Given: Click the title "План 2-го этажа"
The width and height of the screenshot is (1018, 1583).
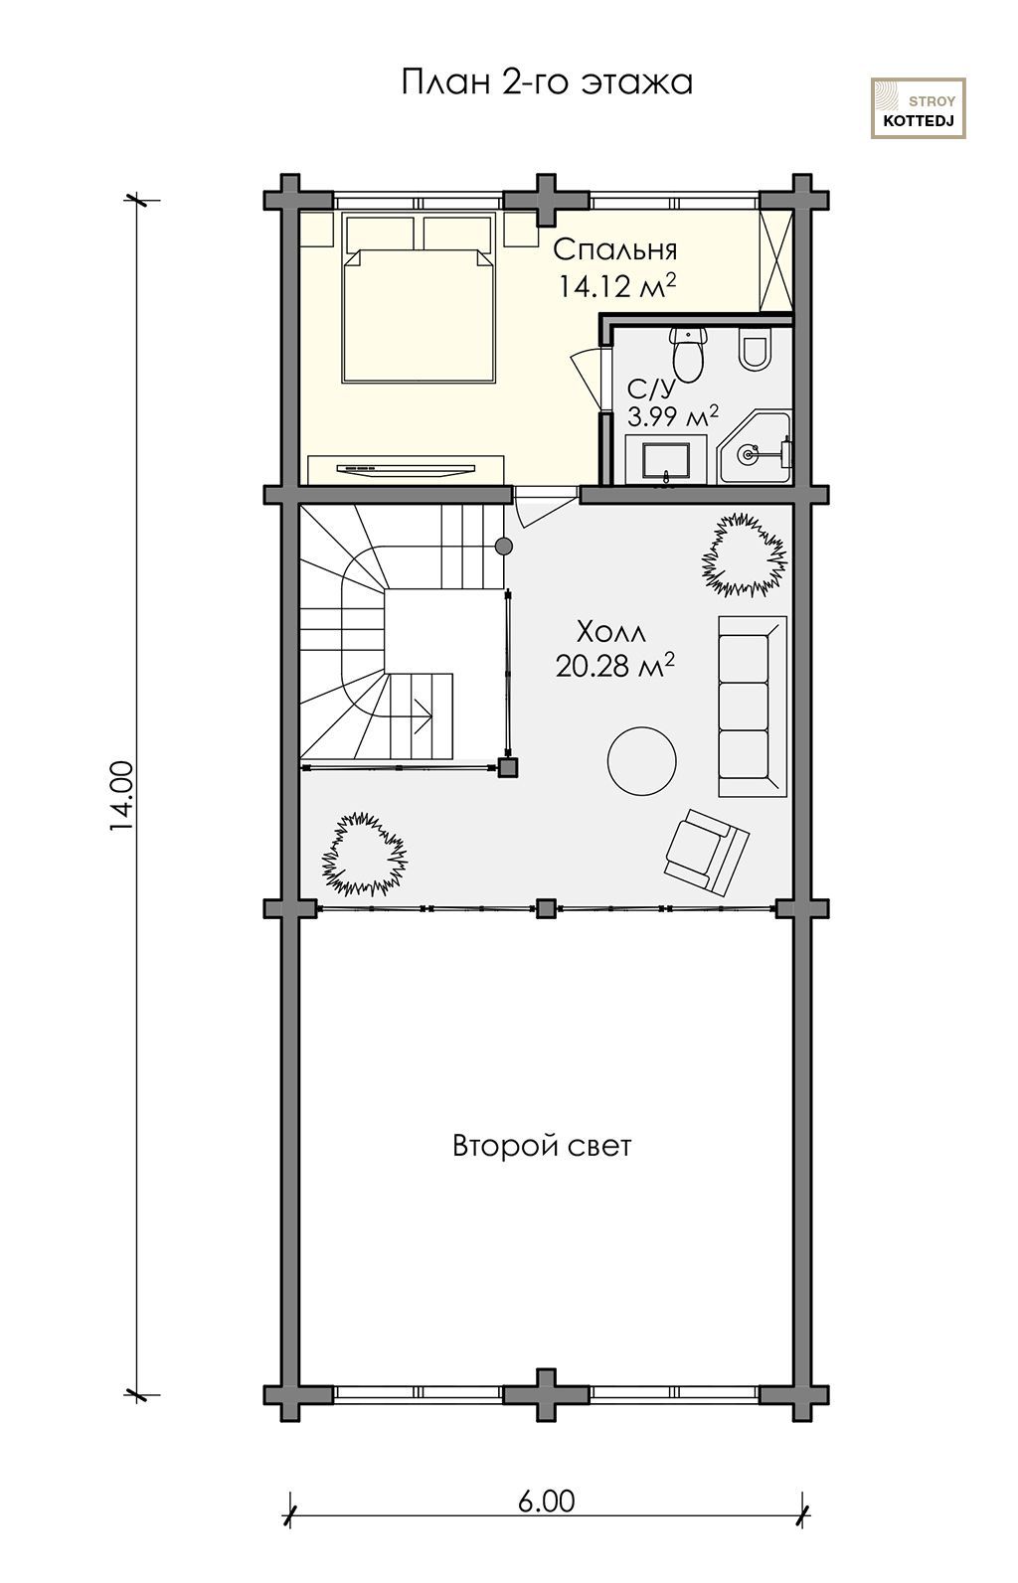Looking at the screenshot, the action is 547,82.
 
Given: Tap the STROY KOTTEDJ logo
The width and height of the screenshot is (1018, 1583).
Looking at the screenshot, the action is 918,108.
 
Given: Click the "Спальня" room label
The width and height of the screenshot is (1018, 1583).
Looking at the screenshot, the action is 615,249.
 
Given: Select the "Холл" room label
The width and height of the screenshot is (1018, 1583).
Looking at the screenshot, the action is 610,632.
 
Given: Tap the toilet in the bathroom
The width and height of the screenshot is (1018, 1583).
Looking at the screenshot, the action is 687,354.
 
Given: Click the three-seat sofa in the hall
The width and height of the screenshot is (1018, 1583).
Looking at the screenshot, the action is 753,706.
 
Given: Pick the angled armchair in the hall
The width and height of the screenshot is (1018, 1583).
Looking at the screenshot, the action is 706,853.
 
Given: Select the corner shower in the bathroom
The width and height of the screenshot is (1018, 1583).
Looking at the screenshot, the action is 754,448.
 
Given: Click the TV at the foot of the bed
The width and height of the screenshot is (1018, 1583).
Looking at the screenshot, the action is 406,469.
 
